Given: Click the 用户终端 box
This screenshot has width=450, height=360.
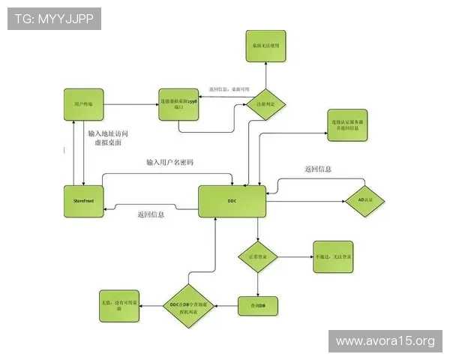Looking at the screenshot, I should pos(82,103).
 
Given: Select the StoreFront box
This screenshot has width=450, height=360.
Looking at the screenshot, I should pos(82,201).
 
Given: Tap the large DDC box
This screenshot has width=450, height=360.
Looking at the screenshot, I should pos(232,201).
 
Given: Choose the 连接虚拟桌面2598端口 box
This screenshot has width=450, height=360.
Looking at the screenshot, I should pos(179,103).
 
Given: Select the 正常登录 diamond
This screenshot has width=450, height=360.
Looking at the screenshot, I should pos(258,256).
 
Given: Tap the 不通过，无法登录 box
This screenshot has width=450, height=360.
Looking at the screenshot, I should pos(334,256).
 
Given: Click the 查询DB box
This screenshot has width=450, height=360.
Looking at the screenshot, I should pos(258,306).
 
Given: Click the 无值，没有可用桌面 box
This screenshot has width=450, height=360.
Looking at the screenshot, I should pos(120,306).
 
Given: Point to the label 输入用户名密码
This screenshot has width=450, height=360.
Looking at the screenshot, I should pos(170,162).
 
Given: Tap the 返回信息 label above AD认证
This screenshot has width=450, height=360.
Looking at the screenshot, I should pos(318,169).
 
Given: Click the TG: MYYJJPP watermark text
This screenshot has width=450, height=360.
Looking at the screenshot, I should pos(53,19).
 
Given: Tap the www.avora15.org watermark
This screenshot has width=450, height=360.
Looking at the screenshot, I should pos(385,341).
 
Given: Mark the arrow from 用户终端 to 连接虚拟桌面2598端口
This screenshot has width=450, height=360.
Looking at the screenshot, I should pos(130,102).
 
